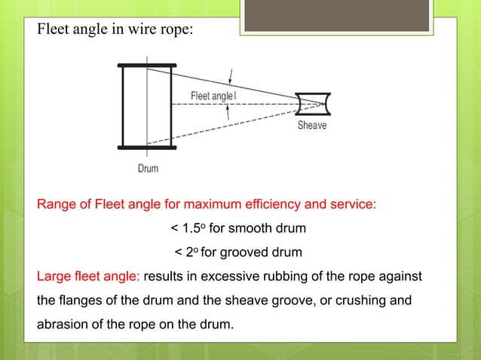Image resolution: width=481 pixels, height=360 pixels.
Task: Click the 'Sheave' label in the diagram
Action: [x=311, y=125]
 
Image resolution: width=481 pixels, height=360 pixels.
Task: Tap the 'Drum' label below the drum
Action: [x=148, y=168]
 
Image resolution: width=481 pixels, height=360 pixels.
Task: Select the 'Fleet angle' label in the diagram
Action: [x=212, y=96]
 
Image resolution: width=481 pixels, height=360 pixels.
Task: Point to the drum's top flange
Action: [x=147, y=66]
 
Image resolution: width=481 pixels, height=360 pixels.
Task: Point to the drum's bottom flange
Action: [x=147, y=147]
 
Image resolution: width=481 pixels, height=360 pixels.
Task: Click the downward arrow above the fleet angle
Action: [x=231, y=77]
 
